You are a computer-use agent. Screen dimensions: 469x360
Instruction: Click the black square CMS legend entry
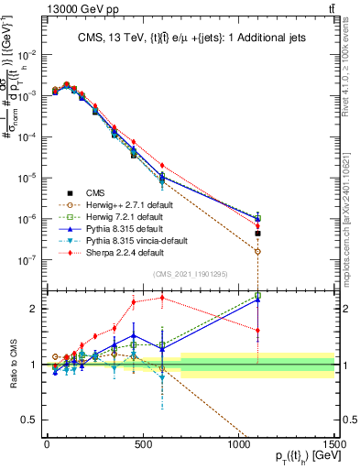[x=96, y=192]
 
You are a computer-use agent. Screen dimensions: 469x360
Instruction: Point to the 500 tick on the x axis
[x=142, y=442]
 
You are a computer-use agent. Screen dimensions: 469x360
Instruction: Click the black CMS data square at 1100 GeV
[x=258, y=234]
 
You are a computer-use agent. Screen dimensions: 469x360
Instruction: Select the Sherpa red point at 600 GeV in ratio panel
[x=162, y=297]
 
